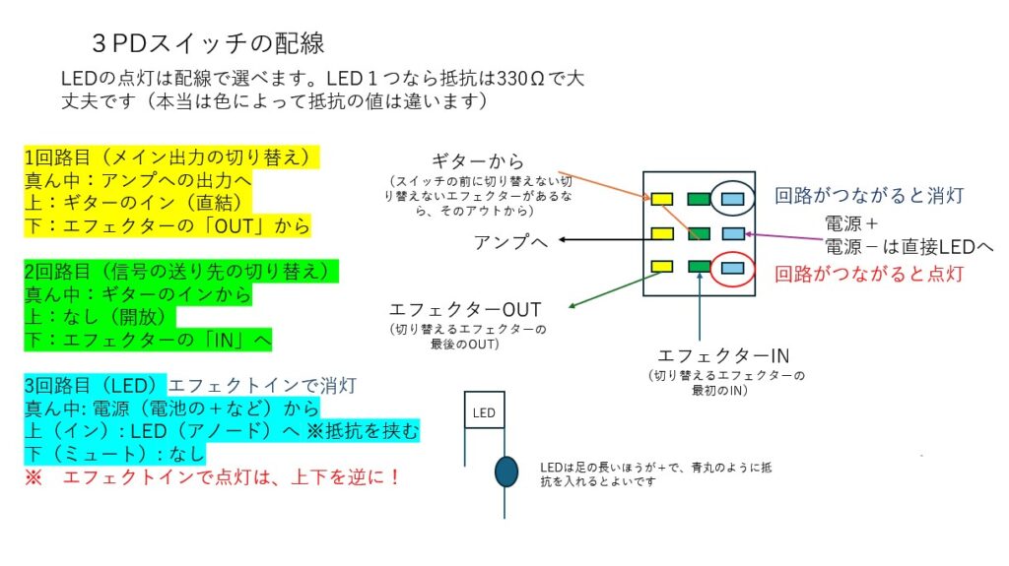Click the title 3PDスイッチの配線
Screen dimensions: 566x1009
206,44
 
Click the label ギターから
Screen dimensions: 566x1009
478,161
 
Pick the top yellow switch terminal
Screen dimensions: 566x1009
662,200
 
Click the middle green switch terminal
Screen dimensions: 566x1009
700,233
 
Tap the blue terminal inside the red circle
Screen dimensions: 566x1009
734,266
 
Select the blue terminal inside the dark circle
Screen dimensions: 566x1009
734,200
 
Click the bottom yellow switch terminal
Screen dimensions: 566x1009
662,266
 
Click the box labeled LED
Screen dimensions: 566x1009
484,412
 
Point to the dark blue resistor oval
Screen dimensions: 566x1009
505,472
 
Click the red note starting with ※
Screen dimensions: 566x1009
213,477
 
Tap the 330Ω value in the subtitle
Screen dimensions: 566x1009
520,78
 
